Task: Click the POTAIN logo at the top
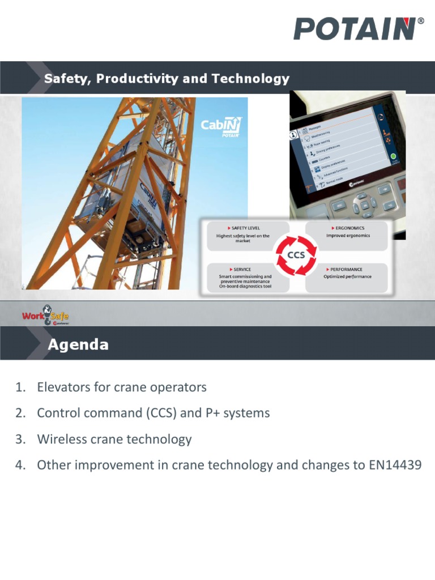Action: [355, 29]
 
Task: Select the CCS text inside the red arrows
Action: [296, 255]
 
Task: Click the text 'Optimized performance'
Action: [347, 277]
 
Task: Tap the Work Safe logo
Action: [45, 315]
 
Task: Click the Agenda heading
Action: [78, 345]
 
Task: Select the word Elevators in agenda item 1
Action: [63, 387]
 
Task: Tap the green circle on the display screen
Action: [392, 155]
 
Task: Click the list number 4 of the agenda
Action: [19, 466]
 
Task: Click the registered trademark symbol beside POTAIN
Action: [420, 21]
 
